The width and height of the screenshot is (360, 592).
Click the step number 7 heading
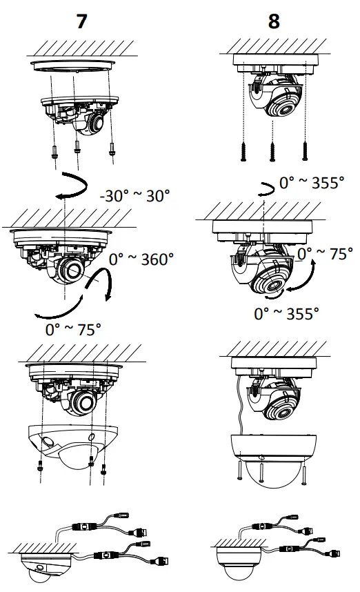82,21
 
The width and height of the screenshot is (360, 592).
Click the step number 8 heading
274,21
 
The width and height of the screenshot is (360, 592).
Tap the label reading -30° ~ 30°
135,195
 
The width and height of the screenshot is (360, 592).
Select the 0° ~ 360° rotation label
141,259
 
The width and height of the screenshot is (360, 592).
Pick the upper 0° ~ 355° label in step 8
311,182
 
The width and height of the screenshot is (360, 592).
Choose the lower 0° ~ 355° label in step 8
286,314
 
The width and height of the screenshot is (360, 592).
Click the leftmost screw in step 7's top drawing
53,152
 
